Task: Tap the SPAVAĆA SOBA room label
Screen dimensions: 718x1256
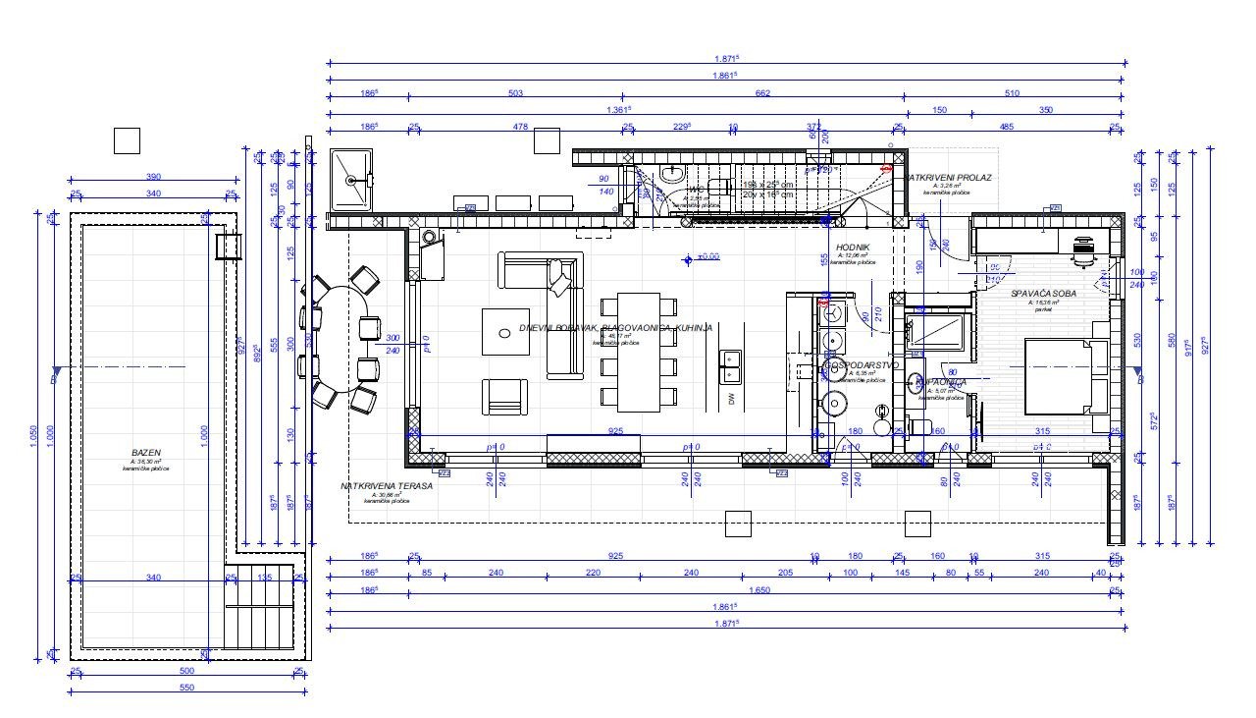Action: [1043, 294]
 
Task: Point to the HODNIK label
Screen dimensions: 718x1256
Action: [851, 249]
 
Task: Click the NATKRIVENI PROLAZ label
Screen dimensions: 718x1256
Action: [949, 178]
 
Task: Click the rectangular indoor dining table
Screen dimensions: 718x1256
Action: [639, 352]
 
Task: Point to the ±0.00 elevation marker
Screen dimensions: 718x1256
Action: [703, 257]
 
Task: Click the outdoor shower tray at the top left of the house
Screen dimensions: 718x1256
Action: [352, 180]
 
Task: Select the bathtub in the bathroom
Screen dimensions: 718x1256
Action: [938, 332]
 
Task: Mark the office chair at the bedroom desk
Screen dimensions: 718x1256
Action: [1083, 250]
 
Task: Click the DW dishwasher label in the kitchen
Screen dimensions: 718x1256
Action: [731, 398]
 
